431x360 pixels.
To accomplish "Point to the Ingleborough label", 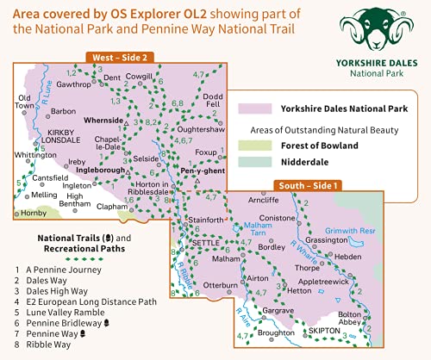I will coord(102,171).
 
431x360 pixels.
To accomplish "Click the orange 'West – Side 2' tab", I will coord(121,57).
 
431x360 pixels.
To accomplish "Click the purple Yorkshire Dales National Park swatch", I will coord(254,109).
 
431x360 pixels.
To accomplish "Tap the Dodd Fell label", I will coord(214,100).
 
